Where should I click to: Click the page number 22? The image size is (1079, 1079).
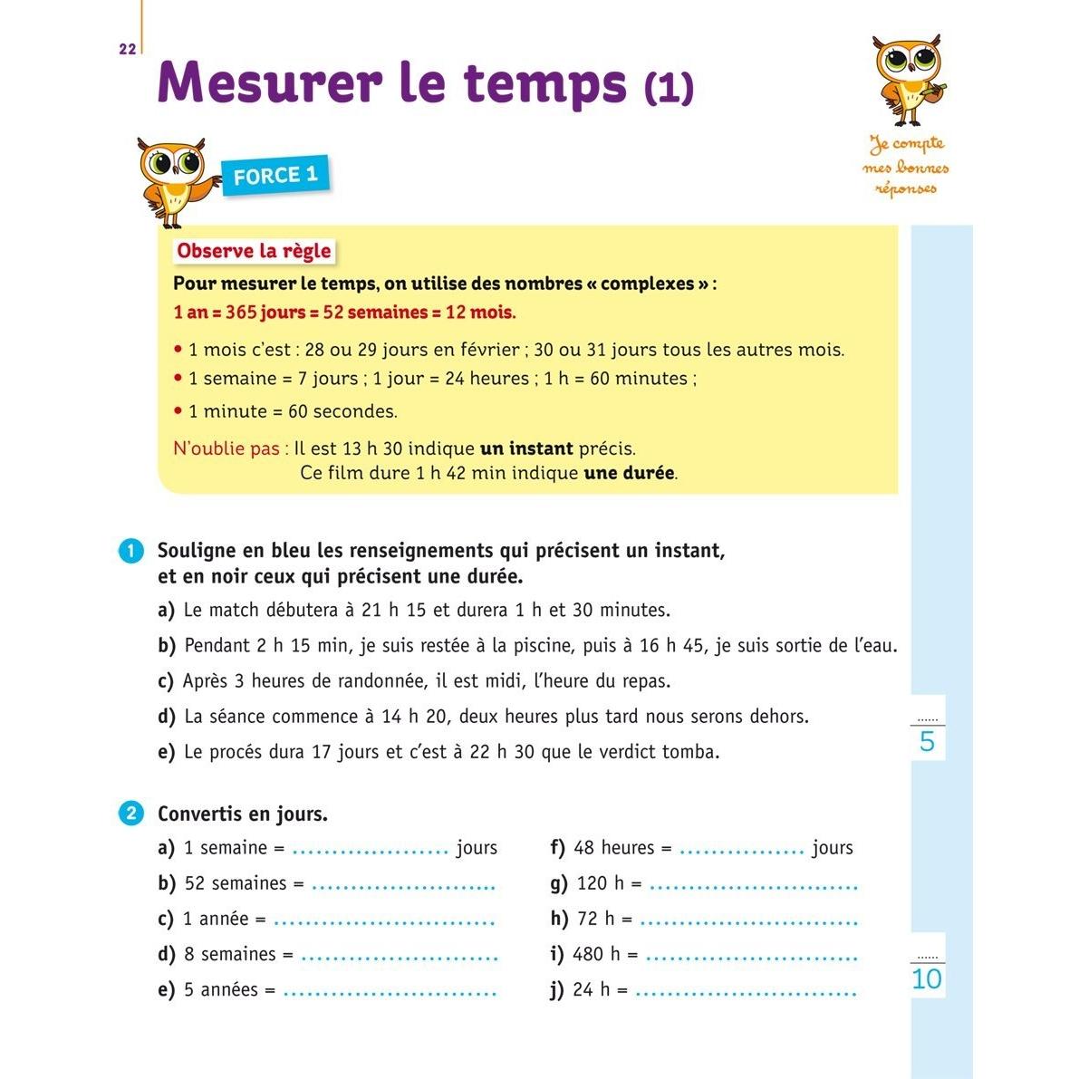pos(127,50)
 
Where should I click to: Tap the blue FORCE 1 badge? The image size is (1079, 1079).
pos(275,175)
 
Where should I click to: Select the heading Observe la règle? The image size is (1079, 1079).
pos(254,251)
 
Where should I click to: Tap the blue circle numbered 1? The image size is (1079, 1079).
pos(131,551)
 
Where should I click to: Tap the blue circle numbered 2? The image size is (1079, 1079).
pos(131,814)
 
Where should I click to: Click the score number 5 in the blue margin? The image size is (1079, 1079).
pos(927,743)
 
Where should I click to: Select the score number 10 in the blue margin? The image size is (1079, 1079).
pos(927,979)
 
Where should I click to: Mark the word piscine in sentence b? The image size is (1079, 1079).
pos(544,646)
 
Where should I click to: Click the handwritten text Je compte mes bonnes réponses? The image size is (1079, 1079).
pos(907,166)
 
